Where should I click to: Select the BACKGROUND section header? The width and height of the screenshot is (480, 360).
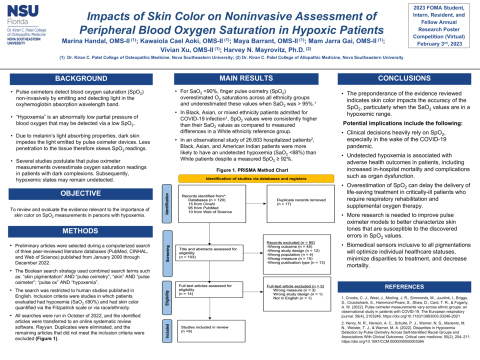[81, 78]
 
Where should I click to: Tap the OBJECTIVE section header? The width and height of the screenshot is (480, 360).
[81, 193]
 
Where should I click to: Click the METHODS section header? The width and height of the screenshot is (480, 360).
[81, 231]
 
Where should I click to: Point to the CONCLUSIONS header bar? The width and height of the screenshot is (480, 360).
[404, 78]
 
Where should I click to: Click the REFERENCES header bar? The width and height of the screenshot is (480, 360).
[404, 286]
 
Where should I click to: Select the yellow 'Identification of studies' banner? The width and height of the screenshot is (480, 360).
[256, 178]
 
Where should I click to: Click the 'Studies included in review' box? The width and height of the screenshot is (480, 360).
[210, 328]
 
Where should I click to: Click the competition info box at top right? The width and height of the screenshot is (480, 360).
[439, 26]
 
